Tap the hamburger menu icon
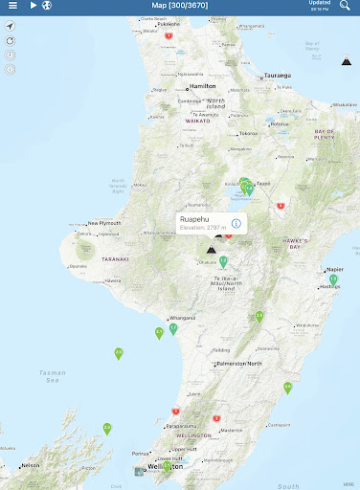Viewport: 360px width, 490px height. [x=12, y=6]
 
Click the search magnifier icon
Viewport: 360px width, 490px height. [x=345, y=6]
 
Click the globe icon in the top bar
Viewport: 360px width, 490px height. [x=47, y=6]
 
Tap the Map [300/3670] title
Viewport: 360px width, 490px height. [x=179, y=6]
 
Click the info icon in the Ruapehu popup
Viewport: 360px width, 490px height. [x=236, y=223]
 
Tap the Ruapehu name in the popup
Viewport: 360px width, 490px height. [x=193, y=219]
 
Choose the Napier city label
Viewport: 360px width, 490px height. [x=334, y=270]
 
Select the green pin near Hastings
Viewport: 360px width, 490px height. [x=333, y=279]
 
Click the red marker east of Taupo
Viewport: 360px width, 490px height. [x=281, y=205]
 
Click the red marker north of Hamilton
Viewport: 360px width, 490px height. [x=169, y=35]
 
